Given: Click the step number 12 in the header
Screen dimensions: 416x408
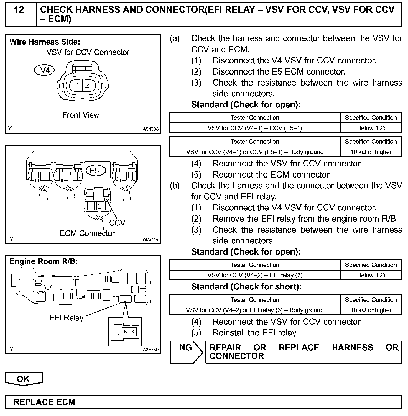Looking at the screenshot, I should [19, 10].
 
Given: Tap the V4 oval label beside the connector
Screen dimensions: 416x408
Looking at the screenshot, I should [44, 70].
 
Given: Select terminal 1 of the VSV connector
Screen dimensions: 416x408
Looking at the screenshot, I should [77, 85].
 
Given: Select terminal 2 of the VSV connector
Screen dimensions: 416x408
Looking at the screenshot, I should [87, 85].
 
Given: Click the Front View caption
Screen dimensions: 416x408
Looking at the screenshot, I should [81, 115].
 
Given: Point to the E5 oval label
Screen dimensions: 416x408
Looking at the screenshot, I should [95, 170].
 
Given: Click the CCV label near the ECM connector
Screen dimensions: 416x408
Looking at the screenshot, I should [117, 222].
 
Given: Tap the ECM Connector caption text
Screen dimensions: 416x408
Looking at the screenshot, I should [87, 233].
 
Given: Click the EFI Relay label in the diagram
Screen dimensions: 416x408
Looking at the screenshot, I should [67, 318].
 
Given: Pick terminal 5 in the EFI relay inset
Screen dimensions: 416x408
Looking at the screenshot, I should [125, 331].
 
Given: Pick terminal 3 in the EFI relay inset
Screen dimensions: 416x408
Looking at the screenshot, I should [133, 331].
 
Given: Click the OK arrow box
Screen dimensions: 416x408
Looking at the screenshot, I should [24, 379].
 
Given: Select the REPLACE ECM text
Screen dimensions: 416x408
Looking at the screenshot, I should [44, 402].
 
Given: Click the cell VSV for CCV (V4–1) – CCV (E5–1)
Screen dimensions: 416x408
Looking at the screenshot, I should [255, 128].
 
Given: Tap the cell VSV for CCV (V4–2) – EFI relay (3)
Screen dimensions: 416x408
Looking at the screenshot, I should [255, 275].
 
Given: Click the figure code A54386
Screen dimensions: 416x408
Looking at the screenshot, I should [151, 129].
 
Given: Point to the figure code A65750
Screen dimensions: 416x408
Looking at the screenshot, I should [151, 350].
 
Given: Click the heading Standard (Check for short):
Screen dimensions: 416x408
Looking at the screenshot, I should [246, 287].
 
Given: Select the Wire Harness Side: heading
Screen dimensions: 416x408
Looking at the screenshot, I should [45, 42].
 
